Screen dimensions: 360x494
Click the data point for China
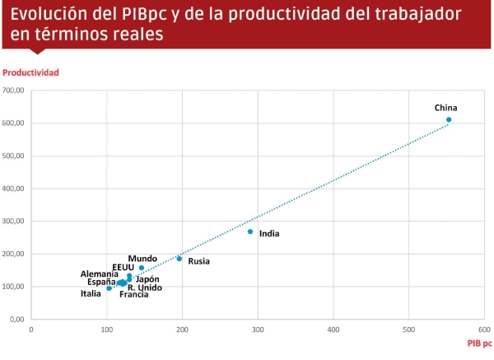pyautogui.click(x=449, y=119)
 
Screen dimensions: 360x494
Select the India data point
pyautogui.click(x=250, y=231)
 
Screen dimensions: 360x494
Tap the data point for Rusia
pyautogui.click(x=179, y=259)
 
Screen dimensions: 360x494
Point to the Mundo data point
pyautogui.click(x=142, y=268)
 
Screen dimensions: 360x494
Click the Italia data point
pyautogui.click(x=109, y=288)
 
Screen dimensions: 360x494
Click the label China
pyautogui.click(x=445, y=108)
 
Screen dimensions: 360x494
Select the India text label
pyautogui.click(x=269, y=234)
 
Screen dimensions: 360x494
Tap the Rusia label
pyautogui.click(x=198, y=262)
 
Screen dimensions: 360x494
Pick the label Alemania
pyautogui.click(x=99, y=274)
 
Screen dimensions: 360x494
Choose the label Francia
pyautogui.click(x=133, y=294)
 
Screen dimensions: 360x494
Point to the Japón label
pyautogui.click(x=147, y=279)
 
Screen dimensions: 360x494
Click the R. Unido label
pyautogui.click(x=144, y=288)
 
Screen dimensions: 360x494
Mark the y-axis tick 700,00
pyautogui.click(x=15, y=91)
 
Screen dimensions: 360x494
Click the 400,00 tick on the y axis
pyautogui.click(x=15, y=189)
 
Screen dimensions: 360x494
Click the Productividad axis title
pyautogui.click(x=30, y=72)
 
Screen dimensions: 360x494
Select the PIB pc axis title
pyautogui.click(x=479, y=343)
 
